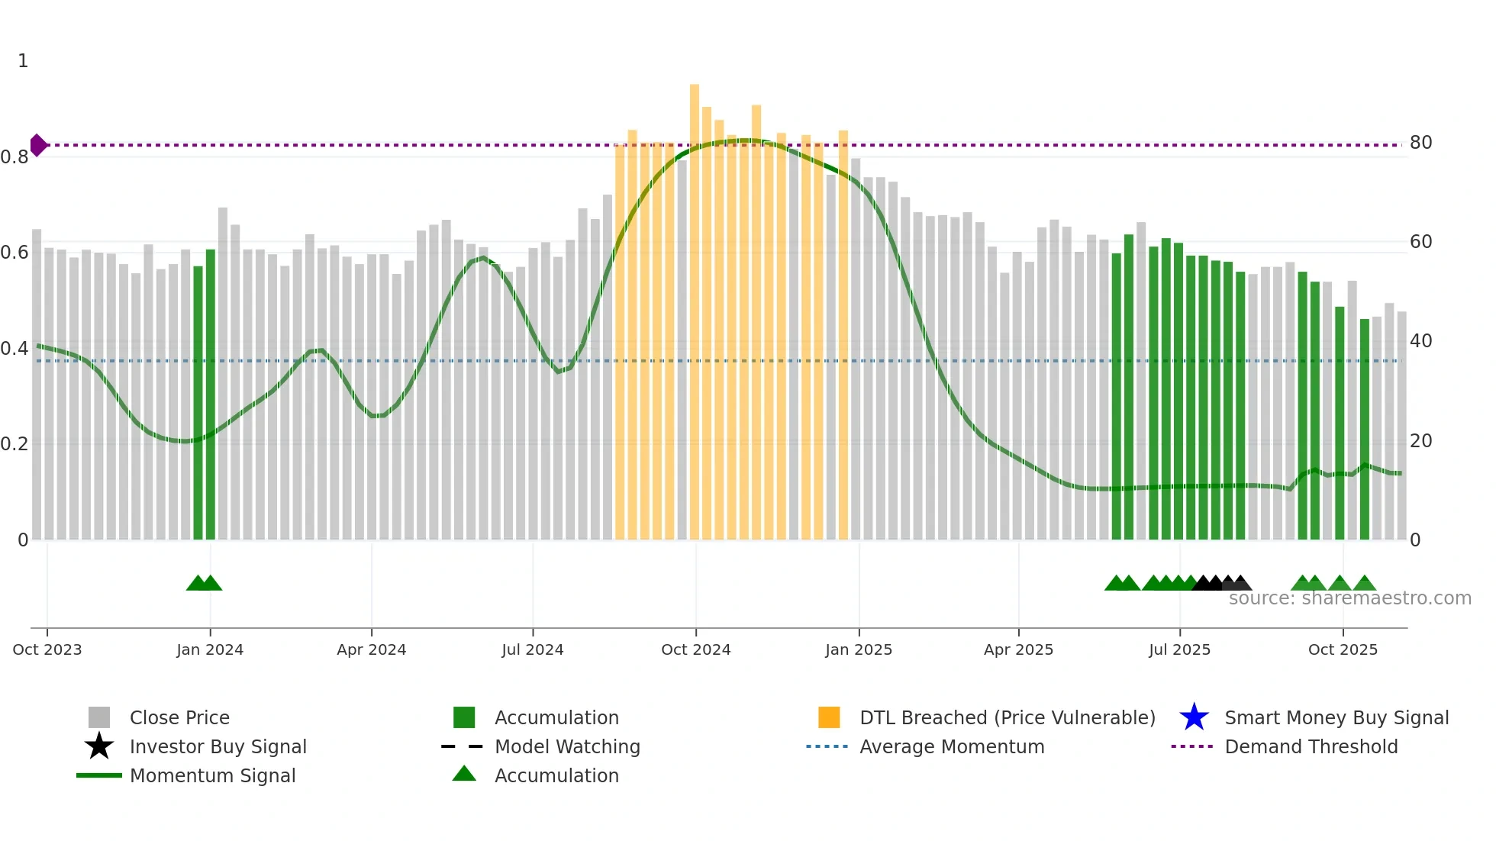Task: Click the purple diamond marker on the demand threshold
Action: pos(38,145)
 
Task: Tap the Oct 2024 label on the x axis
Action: pos(695,649)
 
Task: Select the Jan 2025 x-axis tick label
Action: pos(859,649)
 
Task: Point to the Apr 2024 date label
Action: pos(372,649)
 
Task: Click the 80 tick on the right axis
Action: pos(1420,143)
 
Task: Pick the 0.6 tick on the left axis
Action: pos(15,253)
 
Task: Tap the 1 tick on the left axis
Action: pos(23,61)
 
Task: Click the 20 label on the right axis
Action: pos(1420,441)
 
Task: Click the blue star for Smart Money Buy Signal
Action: pos(1194,717)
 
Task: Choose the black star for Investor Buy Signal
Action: pos(99,746)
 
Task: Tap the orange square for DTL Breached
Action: pos(829,717)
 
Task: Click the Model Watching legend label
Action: pos(567,746)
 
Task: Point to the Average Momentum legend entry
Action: pos(952,746)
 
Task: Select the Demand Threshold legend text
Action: pos(1311,746)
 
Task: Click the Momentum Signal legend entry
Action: pos(212,775)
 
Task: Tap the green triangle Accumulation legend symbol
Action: pos(464,775)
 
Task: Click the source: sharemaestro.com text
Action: pos(1349,598)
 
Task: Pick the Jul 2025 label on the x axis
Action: pos(1179,649)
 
